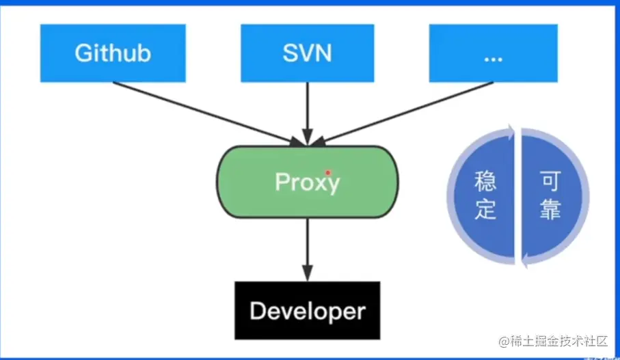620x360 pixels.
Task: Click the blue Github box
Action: click(x=113, y=53)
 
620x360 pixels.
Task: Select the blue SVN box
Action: click(x=307, y=53)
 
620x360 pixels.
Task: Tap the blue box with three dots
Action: click(x=493, y=53)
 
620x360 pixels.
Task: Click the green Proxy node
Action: click(x=308, y=182)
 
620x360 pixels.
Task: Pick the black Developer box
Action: click(x=307, y=310)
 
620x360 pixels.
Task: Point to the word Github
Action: click(x=113, y=53)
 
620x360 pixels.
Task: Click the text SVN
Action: click(x=307, y=53)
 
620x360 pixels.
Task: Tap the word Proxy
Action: click(x=307, y=182)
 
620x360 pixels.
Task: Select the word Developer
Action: click(x=307, y=311)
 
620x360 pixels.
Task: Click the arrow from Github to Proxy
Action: click(x=205, y=113)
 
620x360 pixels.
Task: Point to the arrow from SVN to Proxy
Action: click(x=307, y=113)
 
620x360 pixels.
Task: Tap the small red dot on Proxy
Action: click(x=328, y=173)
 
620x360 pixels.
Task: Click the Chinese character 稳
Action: click(x=485, y=182)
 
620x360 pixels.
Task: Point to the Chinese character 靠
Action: click(x=550, y=209)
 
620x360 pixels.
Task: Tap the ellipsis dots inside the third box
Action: click(x=493, y=58)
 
